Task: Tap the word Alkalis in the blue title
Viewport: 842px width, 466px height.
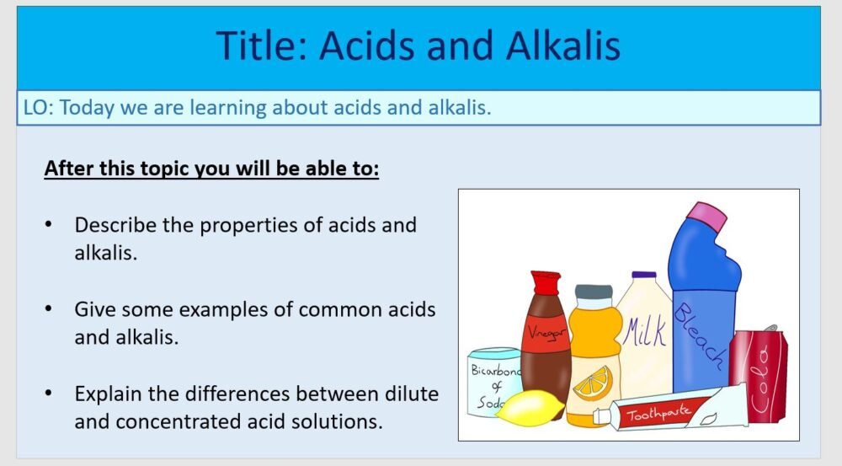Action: point(563,46)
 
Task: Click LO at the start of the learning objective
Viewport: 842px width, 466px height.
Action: point(39,108)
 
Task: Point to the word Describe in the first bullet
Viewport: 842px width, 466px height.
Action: point(114,225)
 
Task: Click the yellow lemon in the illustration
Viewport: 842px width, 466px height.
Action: point(530,408)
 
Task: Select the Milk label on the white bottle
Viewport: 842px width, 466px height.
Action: point(645,331)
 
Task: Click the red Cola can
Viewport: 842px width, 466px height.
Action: point(759,374)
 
